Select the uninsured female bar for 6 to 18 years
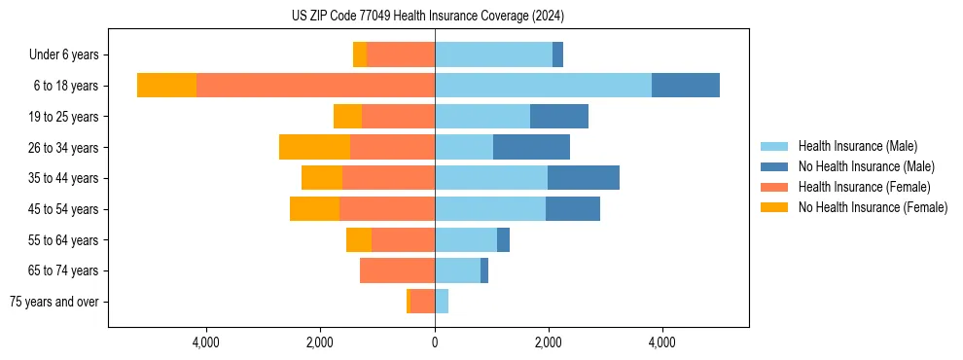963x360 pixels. pos(166,86)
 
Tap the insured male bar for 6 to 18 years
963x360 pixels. pos(543,86)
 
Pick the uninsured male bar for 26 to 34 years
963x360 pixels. pos(531,147)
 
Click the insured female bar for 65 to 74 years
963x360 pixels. pos(397,270)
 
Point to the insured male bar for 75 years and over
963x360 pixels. pos(442,302)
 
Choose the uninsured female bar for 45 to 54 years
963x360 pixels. pos(314,209)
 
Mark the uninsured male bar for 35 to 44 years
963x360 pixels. pos(584,178)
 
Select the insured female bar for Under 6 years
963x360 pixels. pos(401,54)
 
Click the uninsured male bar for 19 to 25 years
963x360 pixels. pos(559,117)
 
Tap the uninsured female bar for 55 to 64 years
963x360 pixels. pos(359,240)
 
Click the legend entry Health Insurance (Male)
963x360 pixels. pos(857,146)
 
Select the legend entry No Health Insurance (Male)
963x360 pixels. pos(866,166)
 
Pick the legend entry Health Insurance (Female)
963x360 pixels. pos(864,187)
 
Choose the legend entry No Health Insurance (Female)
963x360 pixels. pos(873,207)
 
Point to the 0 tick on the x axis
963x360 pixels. pos(435,342)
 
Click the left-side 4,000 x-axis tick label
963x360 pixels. pos(207,342)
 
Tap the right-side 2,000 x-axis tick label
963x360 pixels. pos(549,342)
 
